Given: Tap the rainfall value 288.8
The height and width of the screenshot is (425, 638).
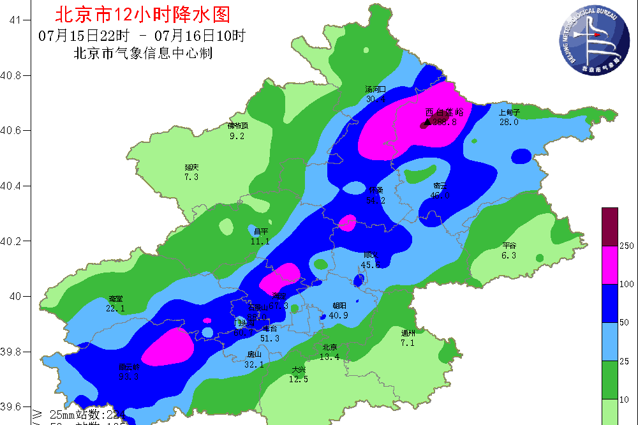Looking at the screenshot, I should coord(445,122).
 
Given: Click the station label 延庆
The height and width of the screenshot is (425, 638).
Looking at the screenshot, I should coord(191,168).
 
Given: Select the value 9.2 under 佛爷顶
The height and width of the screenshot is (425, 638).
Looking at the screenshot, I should coord(237,135).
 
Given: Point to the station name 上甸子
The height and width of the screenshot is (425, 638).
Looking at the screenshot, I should coord(509,113).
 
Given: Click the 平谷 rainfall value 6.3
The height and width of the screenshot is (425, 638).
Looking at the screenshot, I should coord(508,255).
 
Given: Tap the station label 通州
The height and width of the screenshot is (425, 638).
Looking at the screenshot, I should coord(408,333).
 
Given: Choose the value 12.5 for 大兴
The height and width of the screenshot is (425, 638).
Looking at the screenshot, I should coord(299,379).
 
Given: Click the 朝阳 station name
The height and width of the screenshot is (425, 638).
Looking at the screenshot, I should coord(339,306).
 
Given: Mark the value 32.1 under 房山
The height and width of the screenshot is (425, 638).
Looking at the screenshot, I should coord(254,364).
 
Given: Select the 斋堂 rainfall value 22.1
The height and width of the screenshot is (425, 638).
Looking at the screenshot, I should coord(115,308).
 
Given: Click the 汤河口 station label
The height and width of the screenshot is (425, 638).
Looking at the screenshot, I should coord(375,89).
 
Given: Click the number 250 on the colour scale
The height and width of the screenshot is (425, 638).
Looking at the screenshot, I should coord(628,246).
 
